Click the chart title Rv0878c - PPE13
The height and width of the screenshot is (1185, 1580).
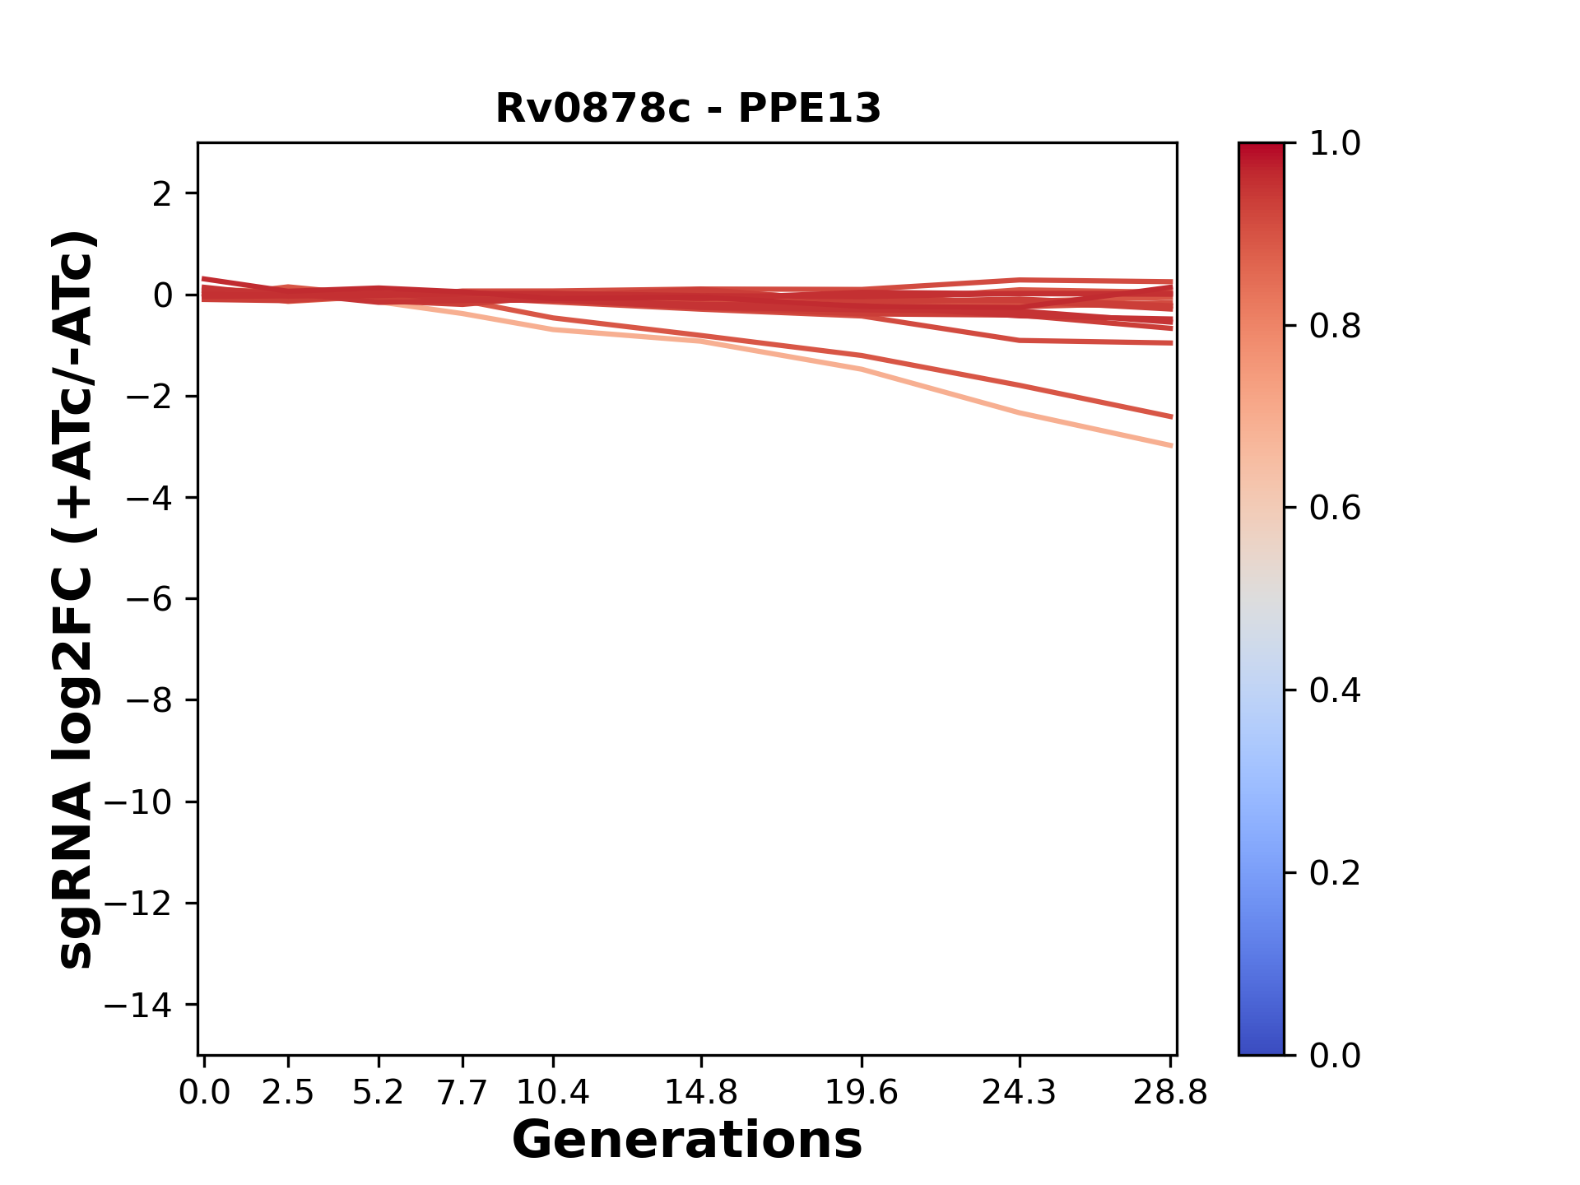[688, 109]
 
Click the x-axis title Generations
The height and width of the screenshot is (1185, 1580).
[687, 1141]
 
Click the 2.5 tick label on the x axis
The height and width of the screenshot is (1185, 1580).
[288, 1093]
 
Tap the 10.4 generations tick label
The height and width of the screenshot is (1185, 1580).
[553, 1093]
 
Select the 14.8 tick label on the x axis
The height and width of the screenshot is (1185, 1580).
[701, 1093]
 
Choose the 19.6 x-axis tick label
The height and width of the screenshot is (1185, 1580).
[862, 1093]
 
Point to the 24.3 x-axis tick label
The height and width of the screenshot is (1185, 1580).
[1020, 1093]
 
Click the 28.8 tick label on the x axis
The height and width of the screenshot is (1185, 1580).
[1170, 1093]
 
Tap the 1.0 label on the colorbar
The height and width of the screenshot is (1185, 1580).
[1335, 144]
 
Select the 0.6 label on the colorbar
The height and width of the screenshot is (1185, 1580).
[1335, 509]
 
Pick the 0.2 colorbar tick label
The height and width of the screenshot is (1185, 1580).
[1335, 873]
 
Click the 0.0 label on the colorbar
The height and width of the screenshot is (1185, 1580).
[1335, 1055]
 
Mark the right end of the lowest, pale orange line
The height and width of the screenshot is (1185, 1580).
[1171, 445]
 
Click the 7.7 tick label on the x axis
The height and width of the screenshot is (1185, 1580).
[462, 1093]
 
